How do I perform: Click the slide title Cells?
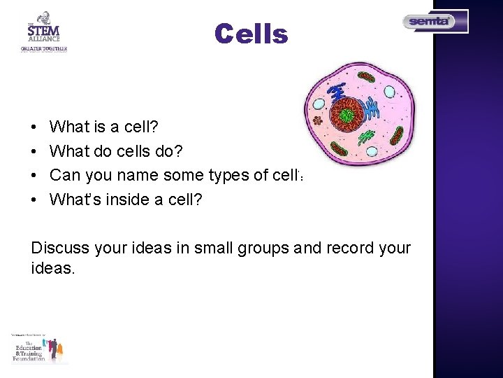[x=251, y=34]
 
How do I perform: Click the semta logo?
[x=435, y=22]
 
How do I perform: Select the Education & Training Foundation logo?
[x=39, y=349]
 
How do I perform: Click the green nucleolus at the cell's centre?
[x=347, y=115]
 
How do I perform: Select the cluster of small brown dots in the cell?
[x=318, y=120]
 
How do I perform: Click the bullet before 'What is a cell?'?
[x=34, y=127]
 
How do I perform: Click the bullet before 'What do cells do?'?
[x=34, y=151]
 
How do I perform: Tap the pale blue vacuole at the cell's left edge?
[x=319, y=104]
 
